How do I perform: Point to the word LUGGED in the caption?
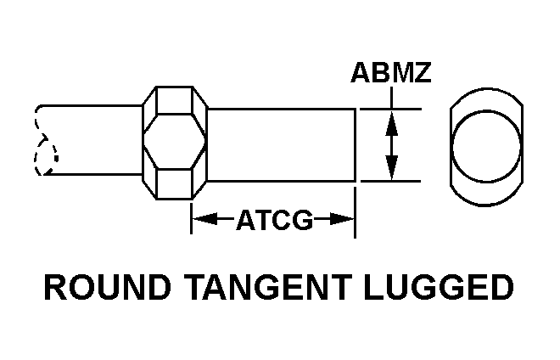click(440, 287)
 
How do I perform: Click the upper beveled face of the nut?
click(174, 98)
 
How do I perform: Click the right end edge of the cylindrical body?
click(355, 144)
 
